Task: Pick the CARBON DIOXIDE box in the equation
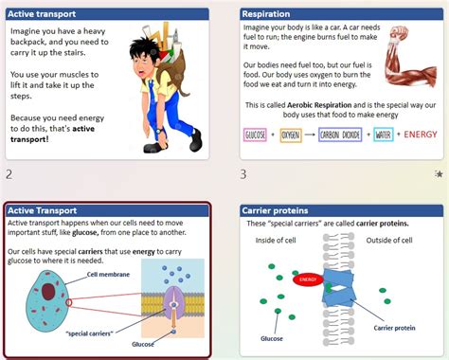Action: tap(339, 135)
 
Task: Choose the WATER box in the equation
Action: tap(385, 135)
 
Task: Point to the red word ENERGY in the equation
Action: tap(421, 135)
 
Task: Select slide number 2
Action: tap(9, 173)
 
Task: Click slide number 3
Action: tap(243, 173)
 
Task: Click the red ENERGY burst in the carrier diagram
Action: tap(308, 278)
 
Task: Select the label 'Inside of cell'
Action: tap(280, 242)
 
